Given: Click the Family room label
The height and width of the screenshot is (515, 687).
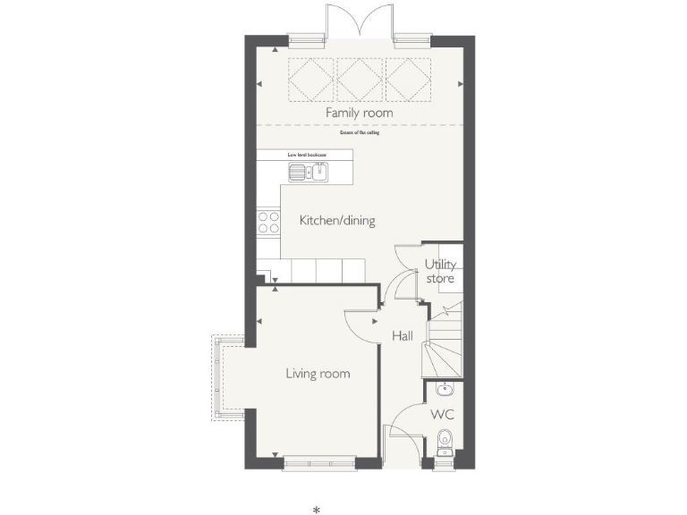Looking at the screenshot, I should point(359,114).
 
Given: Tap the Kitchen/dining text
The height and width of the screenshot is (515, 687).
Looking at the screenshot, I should point(336,221).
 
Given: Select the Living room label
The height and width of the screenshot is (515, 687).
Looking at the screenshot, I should point(318,374).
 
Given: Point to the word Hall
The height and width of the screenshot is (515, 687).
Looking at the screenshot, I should point(403,337).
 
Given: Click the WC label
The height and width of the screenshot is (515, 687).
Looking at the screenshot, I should point(442,415).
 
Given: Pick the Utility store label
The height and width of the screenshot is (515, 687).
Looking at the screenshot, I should point(440,272).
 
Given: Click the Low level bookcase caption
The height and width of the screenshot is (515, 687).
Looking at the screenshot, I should point(306,155).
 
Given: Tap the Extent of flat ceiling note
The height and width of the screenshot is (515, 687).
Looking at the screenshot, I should point(359,133).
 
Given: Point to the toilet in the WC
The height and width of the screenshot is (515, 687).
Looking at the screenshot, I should point(445,440).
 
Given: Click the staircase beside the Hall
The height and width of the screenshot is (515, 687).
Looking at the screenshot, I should point(443,344).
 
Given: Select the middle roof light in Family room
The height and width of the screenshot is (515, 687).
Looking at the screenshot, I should point(359,80).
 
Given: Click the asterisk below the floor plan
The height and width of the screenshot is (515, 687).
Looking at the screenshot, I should point(316,510).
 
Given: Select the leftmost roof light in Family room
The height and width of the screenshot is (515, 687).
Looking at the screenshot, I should point(311,80).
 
